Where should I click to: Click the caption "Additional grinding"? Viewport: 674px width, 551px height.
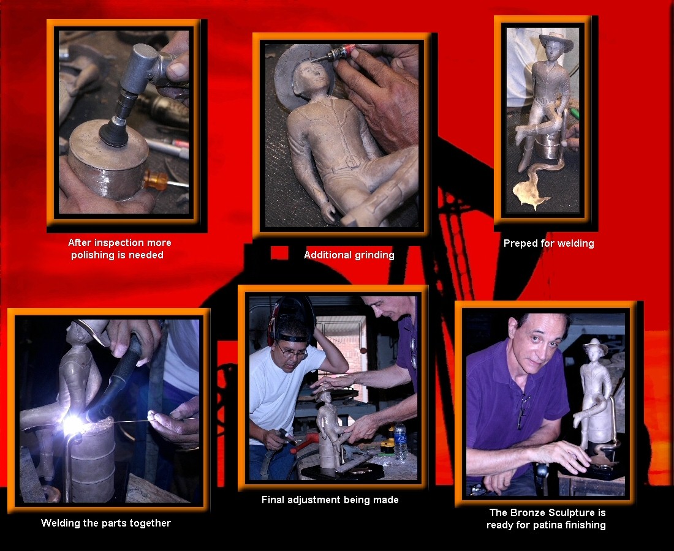(349, 255)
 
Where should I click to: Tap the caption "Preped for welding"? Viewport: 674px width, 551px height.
(548, 244)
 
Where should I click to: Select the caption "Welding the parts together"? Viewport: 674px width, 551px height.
(106, 523)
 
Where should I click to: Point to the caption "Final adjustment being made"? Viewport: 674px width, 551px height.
(330, 500)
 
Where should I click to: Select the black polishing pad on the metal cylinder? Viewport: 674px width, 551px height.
(114, 132)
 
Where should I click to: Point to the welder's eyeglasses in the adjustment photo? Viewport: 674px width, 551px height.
(292, 352)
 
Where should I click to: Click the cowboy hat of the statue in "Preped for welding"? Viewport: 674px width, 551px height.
(556, 41)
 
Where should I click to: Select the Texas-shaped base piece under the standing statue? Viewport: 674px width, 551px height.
(531, 191)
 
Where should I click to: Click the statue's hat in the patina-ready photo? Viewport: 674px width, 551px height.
(595, 347)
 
